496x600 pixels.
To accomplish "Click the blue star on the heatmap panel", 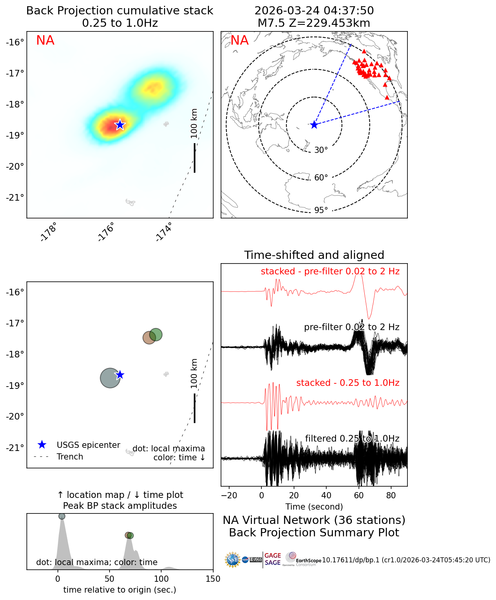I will pos(120,125).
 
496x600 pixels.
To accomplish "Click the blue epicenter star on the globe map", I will pos(314,125).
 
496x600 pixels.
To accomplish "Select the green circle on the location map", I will pos(155,335).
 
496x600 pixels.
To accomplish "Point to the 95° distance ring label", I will pos(321,210).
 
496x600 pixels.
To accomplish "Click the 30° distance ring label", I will pos(321,150).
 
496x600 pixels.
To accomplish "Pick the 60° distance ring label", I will pos(321,178).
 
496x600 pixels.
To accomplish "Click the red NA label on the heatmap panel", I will pos(45,40).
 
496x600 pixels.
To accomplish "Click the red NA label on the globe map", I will pos(239,40).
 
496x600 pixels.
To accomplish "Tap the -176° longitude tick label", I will pos(106,232).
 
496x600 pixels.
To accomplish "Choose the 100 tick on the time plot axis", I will pos(161,579).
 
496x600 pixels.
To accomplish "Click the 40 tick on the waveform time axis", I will pos(326,495).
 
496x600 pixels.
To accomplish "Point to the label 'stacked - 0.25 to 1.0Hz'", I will pos(348,383).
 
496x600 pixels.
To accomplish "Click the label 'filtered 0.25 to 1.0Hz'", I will pos(352,439).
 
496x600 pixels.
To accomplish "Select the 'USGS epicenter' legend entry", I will pos(88,445).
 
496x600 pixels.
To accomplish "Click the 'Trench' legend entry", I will pos(70,457).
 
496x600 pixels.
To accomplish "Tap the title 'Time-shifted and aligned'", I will pos(314,255).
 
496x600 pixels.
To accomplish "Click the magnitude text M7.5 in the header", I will pos(268,23).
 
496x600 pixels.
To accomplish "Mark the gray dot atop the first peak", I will pos(62,516).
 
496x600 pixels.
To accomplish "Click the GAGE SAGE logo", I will pos(273,559).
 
